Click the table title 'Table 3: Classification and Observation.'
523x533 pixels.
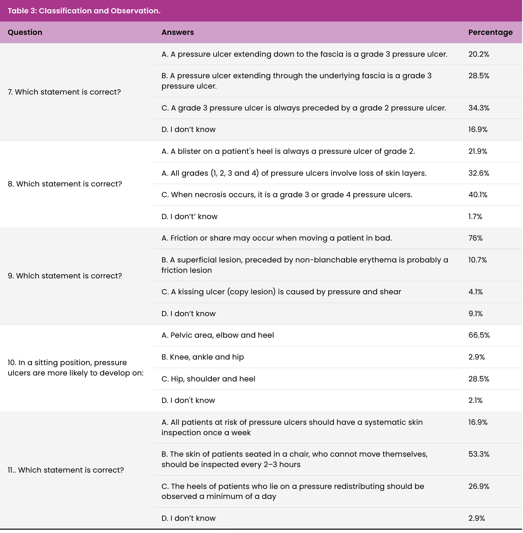tap(84, 11)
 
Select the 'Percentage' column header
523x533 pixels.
tap(490, 32)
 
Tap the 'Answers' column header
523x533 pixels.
tap(178, 32)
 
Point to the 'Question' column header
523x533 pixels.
tap(25, 32)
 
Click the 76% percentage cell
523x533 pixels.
tap(475, 238)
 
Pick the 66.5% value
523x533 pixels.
tap(479, 335)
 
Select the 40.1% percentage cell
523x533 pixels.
tap(478, 195)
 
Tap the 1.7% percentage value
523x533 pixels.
tap(475, 216)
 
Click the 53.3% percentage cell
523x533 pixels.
tap(478, 454)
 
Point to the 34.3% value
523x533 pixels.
tap(478, 108)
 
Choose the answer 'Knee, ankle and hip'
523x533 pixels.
tap(203, 357)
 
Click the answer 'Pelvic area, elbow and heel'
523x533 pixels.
tap(218, 335)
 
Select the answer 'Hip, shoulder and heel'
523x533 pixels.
tap(208, 379)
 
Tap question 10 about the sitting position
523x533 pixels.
tap(75, 368)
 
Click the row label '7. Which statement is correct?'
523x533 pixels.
tap(64, 92)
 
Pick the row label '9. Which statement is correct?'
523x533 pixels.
tap(65, 276)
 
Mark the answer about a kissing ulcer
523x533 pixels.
tap(281, 292)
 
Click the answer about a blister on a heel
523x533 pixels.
tap(288, 151)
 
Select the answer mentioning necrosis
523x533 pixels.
tap(287, 195)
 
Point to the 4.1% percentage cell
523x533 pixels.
tap(476, 292)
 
